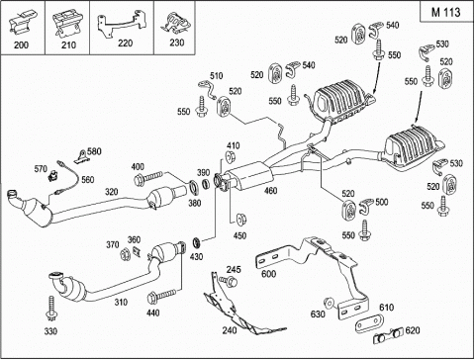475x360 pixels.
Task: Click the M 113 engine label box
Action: coord(446,12)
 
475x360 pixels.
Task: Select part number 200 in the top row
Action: coord(21,45)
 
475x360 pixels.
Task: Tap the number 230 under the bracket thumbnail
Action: coord(176,43)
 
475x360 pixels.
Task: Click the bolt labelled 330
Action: coord(51,310)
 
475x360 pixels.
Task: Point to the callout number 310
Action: coord(121,302)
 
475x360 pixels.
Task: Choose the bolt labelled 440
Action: coord(161,297)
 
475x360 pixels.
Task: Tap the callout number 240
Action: coord(230,330)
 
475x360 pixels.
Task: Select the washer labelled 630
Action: coord(329,303)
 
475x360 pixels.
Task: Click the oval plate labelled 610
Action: coord(370,322)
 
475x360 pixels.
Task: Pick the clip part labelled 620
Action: coord(388,335)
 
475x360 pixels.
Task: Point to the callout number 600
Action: coord(268,274)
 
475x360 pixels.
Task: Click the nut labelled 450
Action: coord(241,219)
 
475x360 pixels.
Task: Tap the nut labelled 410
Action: coord(230,156)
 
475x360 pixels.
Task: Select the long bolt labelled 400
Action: coord(148,178)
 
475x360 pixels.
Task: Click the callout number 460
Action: coord(270,191)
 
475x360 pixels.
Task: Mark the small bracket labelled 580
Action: coord(81,157)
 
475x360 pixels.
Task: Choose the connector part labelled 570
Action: coord(51,176)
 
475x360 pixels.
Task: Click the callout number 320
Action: coord(112,192)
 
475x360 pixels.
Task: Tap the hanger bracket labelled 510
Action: coord(207,90)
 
